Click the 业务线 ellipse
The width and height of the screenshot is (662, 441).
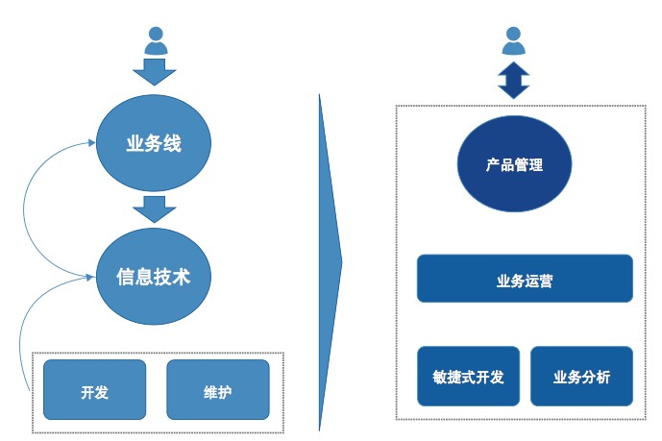click(154, 144)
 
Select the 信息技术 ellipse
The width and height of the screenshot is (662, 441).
click(154, 277)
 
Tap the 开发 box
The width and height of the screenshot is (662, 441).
click(94, 390)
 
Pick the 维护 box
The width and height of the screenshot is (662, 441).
click(217, 390)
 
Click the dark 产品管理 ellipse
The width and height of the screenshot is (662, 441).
click(514, 164)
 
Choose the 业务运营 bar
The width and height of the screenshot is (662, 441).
click(525, 279)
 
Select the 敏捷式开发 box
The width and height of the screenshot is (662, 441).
click(469, 377)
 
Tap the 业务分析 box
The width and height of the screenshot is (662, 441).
click(581, 377)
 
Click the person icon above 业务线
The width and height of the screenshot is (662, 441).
click(156, 40)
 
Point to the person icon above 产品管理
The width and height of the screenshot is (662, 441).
click(514, 40)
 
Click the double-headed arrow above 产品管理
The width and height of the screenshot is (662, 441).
click(514, 80)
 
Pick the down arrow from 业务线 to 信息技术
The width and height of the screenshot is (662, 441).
click(154, 208)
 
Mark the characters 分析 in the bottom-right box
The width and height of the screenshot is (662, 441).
click(596, 378)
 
